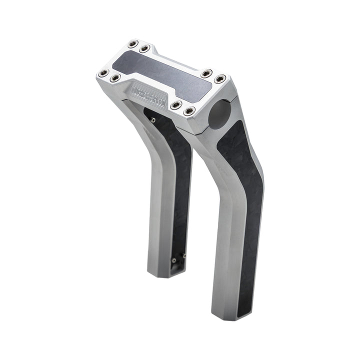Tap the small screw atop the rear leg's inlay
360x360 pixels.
[153, 119]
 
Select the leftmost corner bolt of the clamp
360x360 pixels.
[103, 73]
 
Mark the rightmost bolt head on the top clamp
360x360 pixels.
[218, 79]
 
